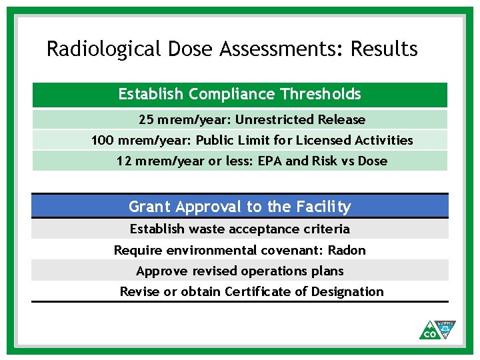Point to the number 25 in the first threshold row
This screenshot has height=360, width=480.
(x=146, y=120)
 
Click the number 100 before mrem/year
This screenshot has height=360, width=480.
(x=102, y=141)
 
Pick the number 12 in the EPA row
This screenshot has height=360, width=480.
(x=123, y=161)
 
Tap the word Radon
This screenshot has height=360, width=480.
(x=347, y=250)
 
